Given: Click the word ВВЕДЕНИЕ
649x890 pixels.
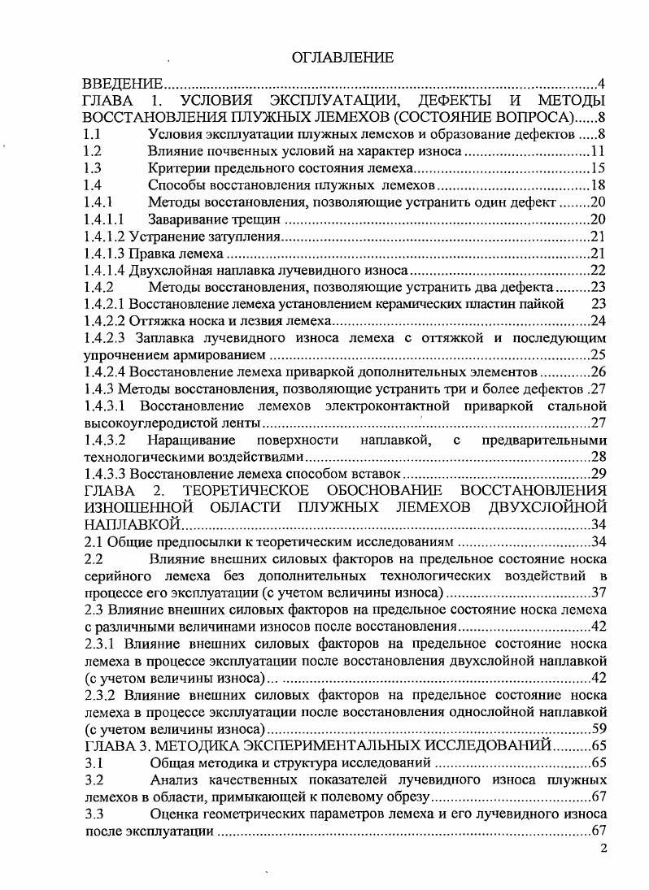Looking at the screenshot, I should (124, 83).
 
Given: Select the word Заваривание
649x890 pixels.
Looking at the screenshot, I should (186, 219).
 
